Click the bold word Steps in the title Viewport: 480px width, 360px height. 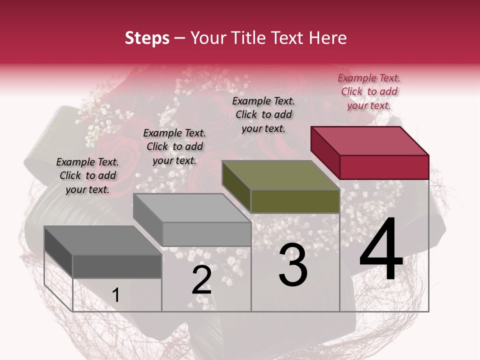coord(147,38)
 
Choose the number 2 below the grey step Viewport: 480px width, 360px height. coord(201,280)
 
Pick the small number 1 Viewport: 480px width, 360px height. coord(115,295)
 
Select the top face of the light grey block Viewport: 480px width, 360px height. coord(192,207)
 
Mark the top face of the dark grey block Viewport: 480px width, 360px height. coord(103,240)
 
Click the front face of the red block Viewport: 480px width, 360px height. coord(384,167)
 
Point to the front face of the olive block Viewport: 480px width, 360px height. coord(295,201)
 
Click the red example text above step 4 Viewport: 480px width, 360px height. coord(369,91)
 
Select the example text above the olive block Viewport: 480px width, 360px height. coord(263,114)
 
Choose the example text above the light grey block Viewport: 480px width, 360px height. coord(174,146)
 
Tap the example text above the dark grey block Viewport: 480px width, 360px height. coord(87,175)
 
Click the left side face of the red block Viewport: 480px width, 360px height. coord(325,152)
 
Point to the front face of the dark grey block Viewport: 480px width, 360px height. coord(117,266)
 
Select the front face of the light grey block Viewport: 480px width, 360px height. coord(206,234)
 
